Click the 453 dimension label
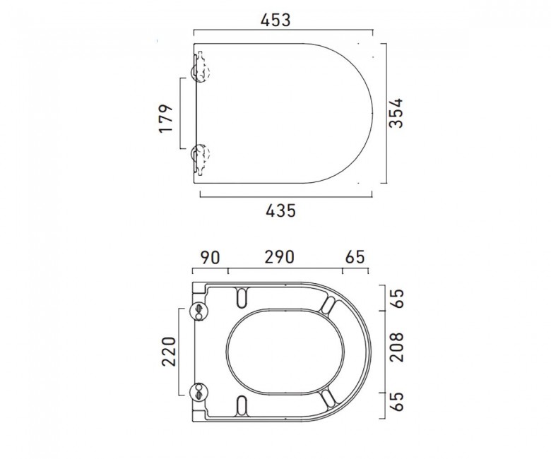(x=275, y=20)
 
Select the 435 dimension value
(x=280, y=210)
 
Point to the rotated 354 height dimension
(x=397, y=113)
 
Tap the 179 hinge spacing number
(x=166, y=119)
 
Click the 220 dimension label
(x=169, y=352)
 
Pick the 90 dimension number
(x=210, y=258)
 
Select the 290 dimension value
(x=279, y=257)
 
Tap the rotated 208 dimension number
(x=397, y=347)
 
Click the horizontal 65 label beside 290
(x=355, y=257)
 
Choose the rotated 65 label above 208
(x=397, y=299)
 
